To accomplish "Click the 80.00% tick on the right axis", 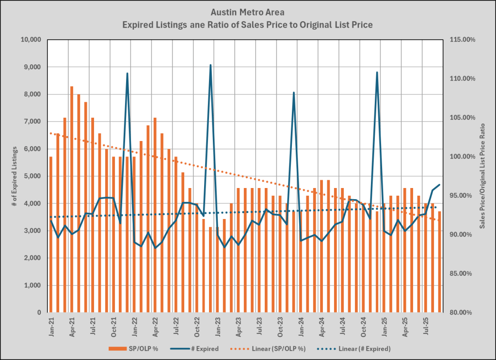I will [x=462, y=313].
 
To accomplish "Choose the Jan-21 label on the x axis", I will [x=51, y=326].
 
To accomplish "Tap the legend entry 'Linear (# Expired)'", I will [x=354, y=348].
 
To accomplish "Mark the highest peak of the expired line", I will [x=210, y=65].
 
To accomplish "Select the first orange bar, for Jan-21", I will [x=51, y=233].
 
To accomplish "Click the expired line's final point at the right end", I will [x=439, y=185].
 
